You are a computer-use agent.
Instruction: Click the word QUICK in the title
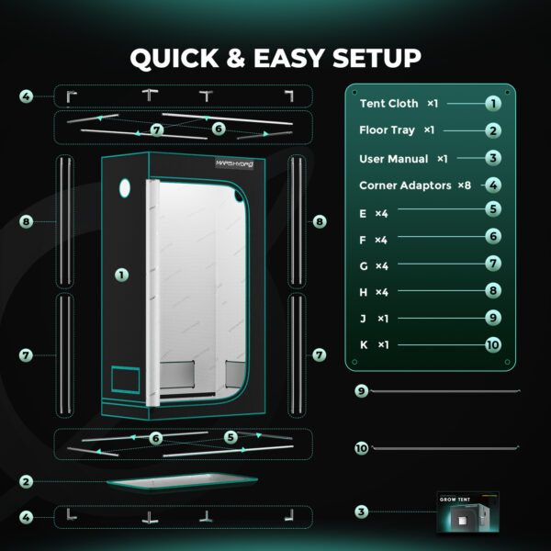click(174, 59)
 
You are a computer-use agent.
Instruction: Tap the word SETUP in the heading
click(377, 58)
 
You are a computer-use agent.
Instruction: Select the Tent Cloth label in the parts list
click(388, 103)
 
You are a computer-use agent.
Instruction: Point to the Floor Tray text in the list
click(387, 130)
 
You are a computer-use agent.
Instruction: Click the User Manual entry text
click(394, 159)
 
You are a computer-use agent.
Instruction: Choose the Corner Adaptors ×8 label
click(415, 186)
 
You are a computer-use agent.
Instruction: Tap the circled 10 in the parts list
click(493, 344)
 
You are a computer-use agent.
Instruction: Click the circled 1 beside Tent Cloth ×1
click(493, 104)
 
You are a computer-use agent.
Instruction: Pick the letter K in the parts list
click(364, 344)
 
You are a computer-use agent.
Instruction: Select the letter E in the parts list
click(363, 214)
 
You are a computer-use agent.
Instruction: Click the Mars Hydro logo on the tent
click(234, 163)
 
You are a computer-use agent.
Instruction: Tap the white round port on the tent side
click(125, 188)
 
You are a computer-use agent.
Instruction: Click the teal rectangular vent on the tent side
click(126, 379)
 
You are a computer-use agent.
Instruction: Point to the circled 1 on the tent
click(121, 275)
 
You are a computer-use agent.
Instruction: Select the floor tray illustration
click(182, 481)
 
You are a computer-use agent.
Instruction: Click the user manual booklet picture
click(467, 512)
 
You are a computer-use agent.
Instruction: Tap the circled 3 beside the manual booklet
click(361, 512)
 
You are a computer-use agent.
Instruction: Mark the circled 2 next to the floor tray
click(26, 481)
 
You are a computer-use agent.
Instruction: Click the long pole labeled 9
click(445, 391)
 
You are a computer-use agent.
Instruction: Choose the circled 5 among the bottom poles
click(231, 437)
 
